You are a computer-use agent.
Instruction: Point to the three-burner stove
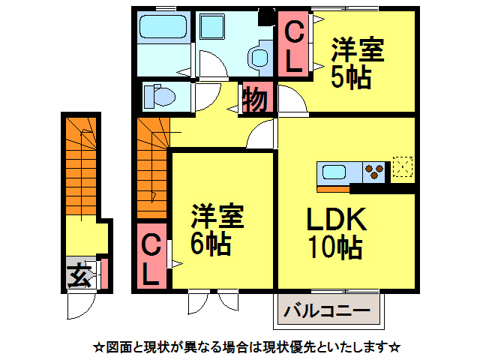click(x=373, y=172)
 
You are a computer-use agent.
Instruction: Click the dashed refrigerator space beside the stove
click(x=403, y=169)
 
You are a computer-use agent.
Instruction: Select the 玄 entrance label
click(x=78, y=276)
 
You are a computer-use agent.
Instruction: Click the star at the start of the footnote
click(x=97, y=347)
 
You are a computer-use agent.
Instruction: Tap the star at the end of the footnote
click(x=395, y=347)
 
